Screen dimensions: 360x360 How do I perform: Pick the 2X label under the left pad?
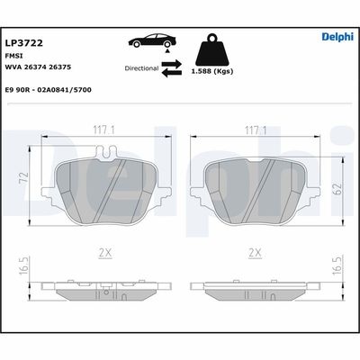pos(105,254)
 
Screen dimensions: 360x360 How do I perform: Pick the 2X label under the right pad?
pos(255,254)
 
